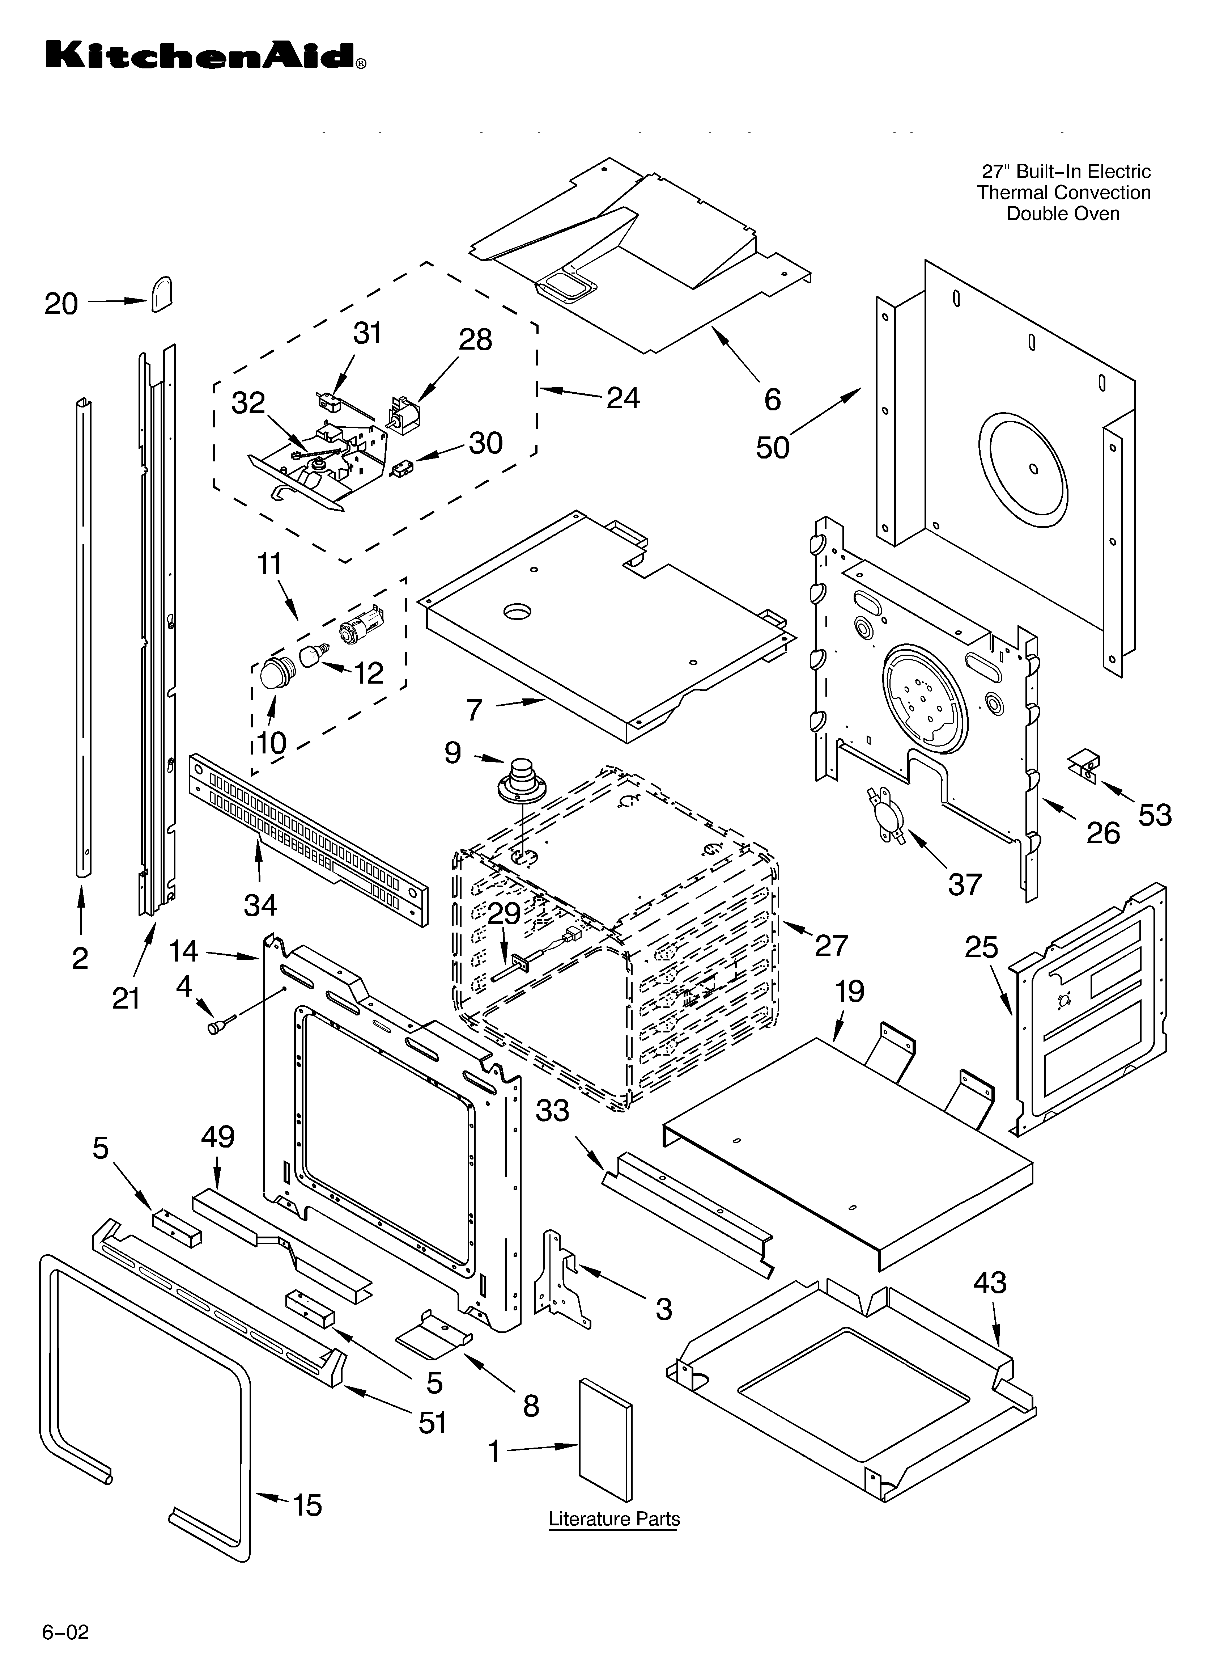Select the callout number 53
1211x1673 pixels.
(1154, 815)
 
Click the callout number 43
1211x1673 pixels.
(989, 1283)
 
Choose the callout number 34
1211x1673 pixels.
(260, 904)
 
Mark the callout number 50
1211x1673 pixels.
(772, 447)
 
